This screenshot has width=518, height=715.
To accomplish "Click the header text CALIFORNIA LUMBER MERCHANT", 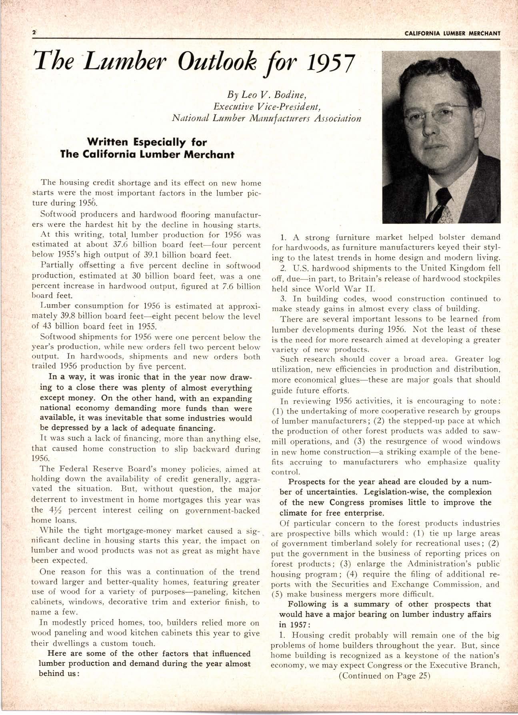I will [452, 33].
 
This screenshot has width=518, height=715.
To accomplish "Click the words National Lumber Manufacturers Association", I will [266, 118].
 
